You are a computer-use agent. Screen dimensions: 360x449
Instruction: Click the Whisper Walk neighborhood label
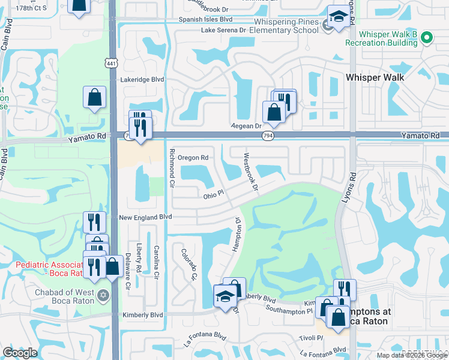[375, 77]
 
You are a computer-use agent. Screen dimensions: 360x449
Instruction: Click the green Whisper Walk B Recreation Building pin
[427, 38]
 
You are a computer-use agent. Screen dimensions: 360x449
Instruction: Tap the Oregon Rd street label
[193, 158]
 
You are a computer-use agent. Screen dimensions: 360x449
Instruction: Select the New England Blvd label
[145, 217]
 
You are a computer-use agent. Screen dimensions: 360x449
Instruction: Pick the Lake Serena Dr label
[223, 29]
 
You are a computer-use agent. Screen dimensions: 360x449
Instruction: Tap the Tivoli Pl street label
[312, 338]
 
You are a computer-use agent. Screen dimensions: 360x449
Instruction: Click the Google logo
[20, 353]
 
